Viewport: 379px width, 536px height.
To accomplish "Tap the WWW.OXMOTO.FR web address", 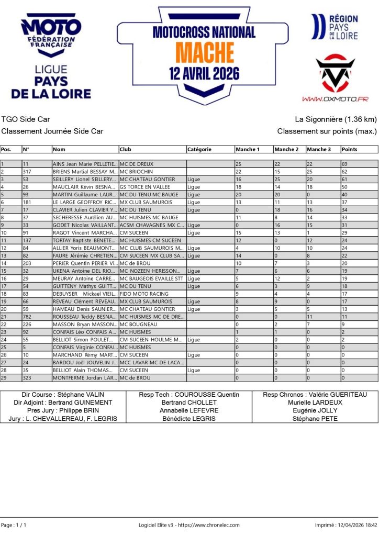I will pos(335,98).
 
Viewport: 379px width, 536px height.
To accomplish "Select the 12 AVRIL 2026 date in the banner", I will pos(204,72).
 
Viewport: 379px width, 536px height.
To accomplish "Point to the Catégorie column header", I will pos(199,150).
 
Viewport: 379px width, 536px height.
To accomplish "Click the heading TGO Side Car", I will pos(26,119).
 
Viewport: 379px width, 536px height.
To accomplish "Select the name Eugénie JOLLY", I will pos(315,410).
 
